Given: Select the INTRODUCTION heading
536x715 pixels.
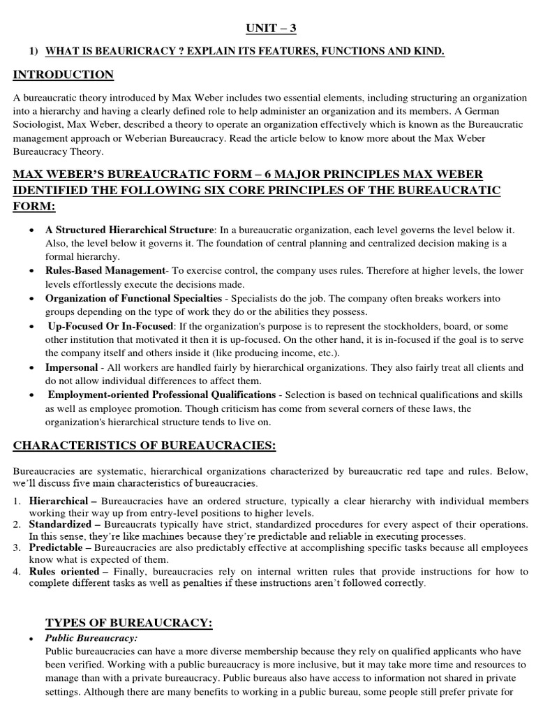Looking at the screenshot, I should point(64,75).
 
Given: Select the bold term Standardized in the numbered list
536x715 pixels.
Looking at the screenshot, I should point(60,524).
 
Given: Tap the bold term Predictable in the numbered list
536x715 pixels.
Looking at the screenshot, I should point(57,548).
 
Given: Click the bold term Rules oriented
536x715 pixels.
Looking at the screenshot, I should point(64,571).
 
